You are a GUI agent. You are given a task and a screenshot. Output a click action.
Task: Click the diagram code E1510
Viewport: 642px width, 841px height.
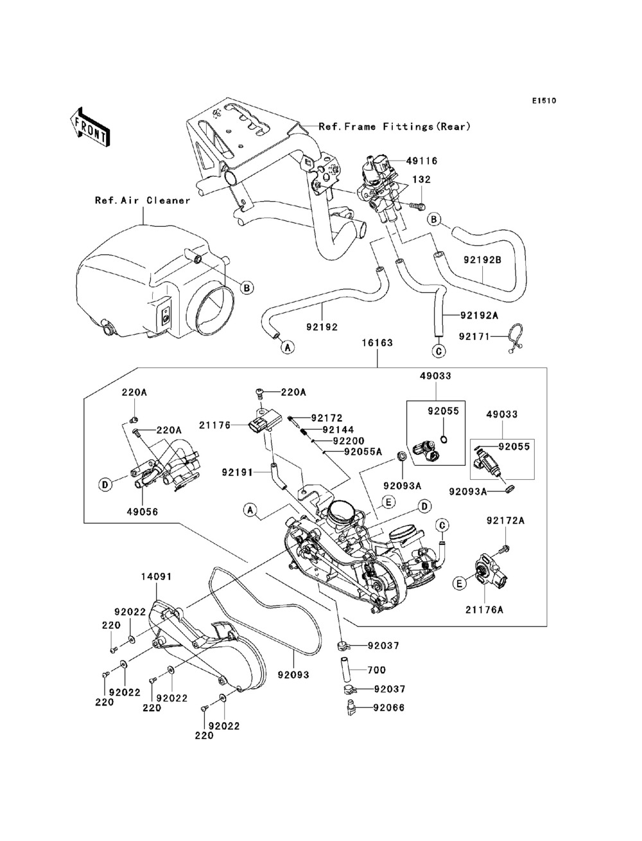542,101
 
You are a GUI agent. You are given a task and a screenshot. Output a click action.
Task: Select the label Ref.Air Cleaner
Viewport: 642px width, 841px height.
143,200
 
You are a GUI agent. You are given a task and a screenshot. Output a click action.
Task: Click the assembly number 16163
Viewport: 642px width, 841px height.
377,344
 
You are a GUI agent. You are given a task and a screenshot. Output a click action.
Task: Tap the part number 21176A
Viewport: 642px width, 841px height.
503,608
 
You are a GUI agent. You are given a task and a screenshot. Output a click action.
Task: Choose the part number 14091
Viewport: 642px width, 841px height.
156,576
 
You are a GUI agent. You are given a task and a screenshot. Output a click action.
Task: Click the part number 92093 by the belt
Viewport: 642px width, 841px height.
293,675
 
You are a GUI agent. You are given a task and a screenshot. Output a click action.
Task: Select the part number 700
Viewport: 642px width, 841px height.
377,670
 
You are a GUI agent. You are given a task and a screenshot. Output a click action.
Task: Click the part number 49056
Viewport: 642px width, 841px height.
142,512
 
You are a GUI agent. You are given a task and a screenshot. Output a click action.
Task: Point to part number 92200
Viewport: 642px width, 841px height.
348,441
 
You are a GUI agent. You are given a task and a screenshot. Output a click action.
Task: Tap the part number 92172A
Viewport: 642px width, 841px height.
505,521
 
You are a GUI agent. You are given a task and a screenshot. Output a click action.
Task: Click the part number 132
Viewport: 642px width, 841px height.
421,180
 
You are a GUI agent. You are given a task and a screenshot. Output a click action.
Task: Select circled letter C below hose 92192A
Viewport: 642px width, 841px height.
438,351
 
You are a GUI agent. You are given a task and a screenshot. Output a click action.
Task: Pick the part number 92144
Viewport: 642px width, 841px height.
337,430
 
